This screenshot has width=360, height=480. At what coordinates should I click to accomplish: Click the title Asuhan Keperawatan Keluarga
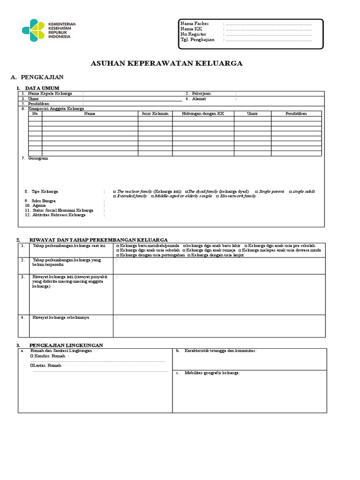166,63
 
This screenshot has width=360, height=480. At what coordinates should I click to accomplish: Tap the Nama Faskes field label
195,23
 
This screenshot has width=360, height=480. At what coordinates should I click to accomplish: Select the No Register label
194,34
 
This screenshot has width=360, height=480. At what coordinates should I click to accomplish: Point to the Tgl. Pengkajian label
197,40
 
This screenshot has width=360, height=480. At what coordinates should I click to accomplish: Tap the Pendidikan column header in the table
296,113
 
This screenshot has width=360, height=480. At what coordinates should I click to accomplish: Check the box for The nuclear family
115,192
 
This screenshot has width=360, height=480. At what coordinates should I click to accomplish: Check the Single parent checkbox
256,192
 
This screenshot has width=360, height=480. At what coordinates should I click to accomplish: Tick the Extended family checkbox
115,196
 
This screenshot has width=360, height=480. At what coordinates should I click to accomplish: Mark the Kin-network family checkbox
217,196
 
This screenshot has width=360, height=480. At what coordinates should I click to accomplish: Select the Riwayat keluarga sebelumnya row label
60,317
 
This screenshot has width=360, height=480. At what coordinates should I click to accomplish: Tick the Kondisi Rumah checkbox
32,356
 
